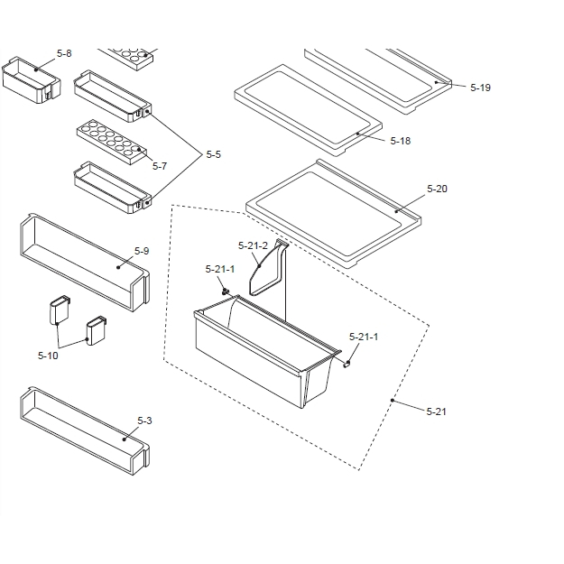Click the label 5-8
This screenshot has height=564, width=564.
coord(64,54)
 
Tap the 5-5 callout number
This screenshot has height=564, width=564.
coord(213,155)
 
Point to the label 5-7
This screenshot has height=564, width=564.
coord(160,166)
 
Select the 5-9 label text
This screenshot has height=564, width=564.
coord(142,250)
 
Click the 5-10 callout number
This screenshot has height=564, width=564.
coord(48,356)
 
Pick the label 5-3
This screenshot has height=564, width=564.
coord(144,421)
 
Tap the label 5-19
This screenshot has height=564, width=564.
coord(480,88)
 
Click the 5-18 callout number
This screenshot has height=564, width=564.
coord(400,141)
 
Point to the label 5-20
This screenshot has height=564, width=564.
coord(437,189)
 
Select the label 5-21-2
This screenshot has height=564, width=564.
coord(253,245)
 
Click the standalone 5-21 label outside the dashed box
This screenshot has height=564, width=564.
coord(437,411)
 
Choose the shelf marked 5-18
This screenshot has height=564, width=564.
coord(307,104)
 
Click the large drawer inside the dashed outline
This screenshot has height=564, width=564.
coord(262,356)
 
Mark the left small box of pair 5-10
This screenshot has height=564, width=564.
coord(59,311)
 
